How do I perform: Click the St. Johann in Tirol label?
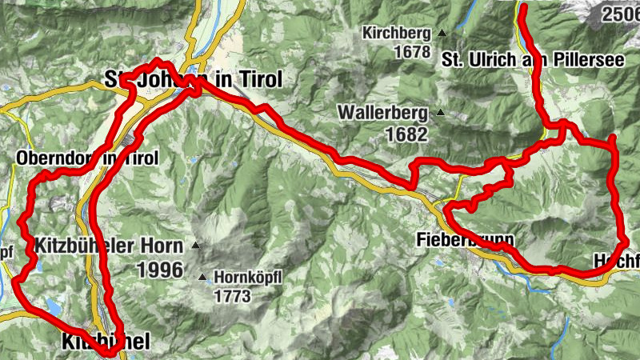coord(194,79)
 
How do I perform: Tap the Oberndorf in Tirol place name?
coord(86,158)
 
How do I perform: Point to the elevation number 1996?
coord(161,270)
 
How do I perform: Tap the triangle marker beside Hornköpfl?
coord(202,278)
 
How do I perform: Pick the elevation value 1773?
coord(233,296)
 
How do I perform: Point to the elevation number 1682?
coord(406,134)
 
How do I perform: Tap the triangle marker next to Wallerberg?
coord(440,113)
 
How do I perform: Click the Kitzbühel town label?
coord(106,342)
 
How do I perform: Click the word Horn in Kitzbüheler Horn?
coord(164,245)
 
